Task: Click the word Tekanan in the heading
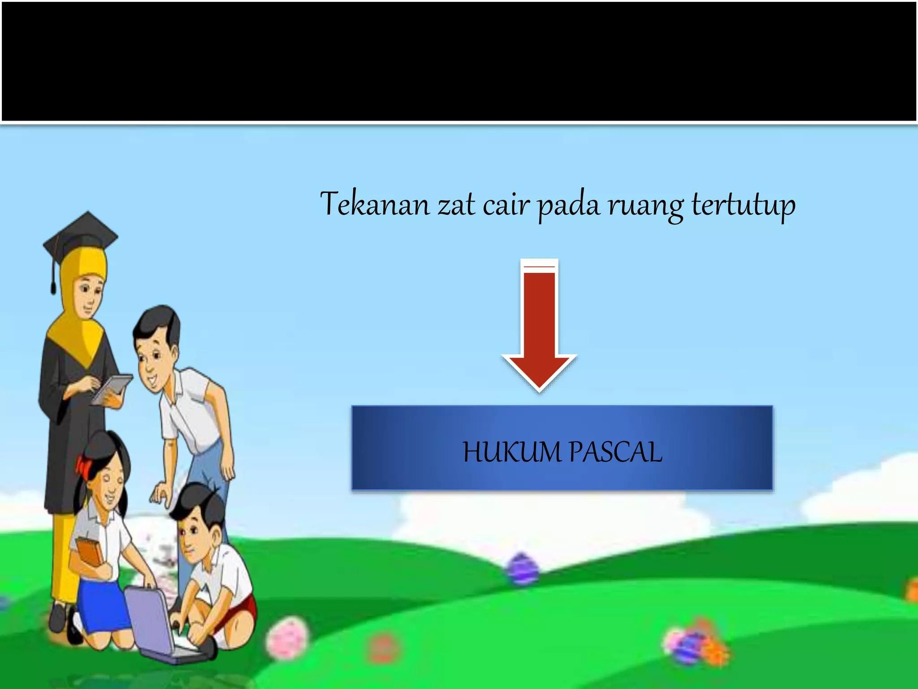click(x=375, y=205)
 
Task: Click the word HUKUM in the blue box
click(x=511, y=452)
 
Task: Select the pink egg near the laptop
click(x=287, y=637)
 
